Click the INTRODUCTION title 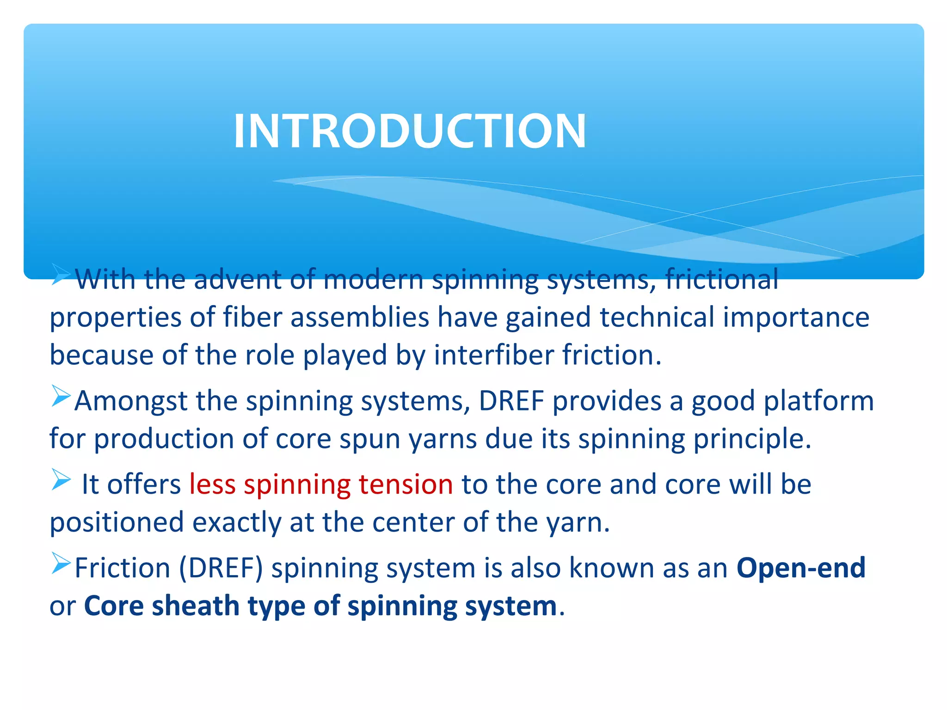(x=410, y=131)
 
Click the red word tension (x=406, y=484)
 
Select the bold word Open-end (x=800, y=568)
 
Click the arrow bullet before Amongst (x=61, y=396)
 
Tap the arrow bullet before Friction (x=61, y=563)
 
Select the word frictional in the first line (x=722, y=280)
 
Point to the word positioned (x=117, y=522)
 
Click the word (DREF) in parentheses (x=221, y=568)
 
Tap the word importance (x=796, y=318)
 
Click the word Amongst (x=131, y=401)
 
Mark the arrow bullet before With (x=61, y=275)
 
